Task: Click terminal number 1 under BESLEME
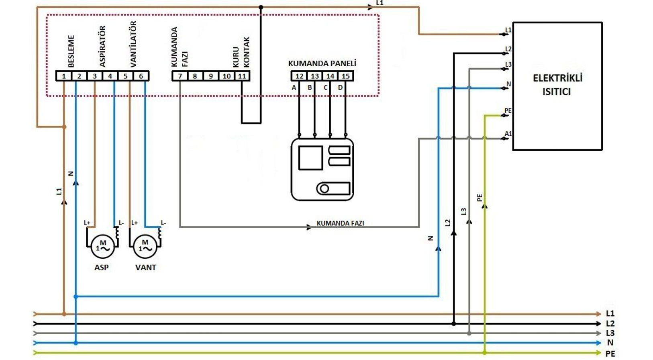coord(64,76)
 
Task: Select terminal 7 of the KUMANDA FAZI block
coord(180,76)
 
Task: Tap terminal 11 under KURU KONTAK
coord(242,76)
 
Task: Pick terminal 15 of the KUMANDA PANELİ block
coord(345,76)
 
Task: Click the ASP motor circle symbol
coord(103,247)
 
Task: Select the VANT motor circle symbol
coord(145,247)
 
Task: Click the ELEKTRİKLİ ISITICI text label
coord(557,85)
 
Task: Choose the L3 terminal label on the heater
coord(508,64)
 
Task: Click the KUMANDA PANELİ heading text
coord(322,63)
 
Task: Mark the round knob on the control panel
coord(324,189)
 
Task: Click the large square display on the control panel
coord(310,158)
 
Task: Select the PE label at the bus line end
coord(610,354)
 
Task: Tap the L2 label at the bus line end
coord(610,323)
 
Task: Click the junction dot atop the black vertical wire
coord(261,7)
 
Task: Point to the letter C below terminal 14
coord(326,88)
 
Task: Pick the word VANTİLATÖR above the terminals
coord(133,44)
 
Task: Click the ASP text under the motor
coord(102,267)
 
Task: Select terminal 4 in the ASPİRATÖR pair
coord(110,76)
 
